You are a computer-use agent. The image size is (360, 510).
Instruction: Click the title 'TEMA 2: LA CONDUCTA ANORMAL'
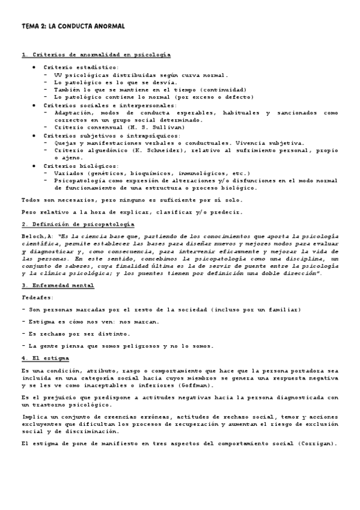click(x=73, y=26)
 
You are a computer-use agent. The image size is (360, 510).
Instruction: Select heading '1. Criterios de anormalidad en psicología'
click(x=96, y=55)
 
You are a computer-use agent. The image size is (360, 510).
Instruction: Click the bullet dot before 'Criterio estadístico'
click(x=34, y=67)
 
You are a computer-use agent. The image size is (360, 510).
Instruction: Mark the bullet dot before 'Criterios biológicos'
click(x=34, y=164)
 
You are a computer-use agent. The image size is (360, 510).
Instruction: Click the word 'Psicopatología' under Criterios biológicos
click(x=78, y=180)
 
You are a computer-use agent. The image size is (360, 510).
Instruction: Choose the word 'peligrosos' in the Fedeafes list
click(x=140, y=345)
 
